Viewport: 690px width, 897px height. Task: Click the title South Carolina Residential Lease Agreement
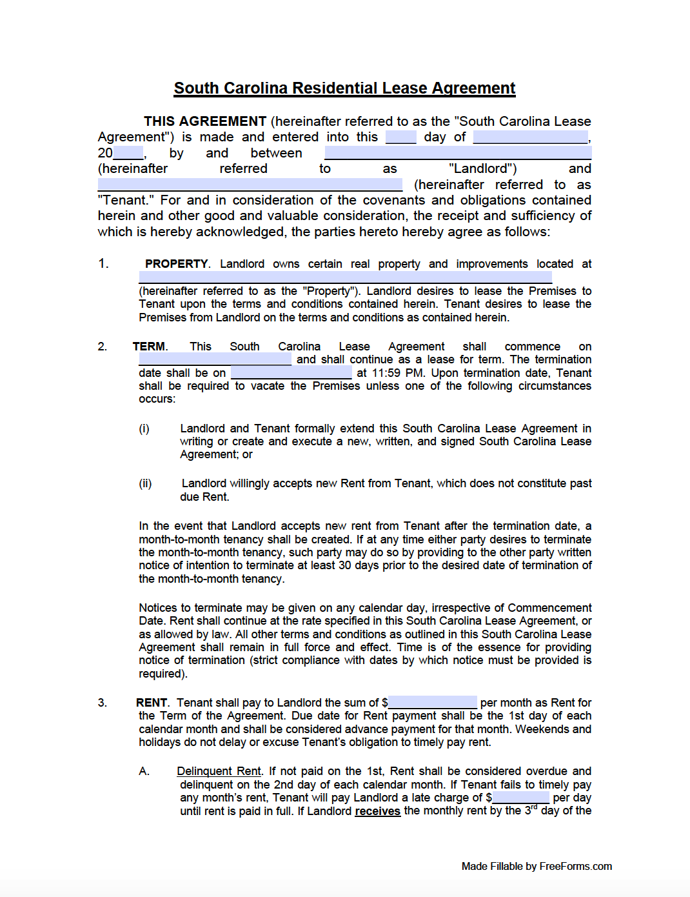pos(344,88)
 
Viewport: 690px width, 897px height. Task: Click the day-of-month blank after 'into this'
pos(400,137)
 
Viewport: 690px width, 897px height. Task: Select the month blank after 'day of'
pos(530,137)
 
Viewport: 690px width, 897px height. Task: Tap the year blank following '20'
pos(128,153)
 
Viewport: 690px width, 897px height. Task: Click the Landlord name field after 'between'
pos(458,153)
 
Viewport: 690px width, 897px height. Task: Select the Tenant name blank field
pos(250,185)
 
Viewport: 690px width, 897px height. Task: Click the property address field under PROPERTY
pos(345,277)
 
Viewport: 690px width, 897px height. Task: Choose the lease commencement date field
pos(215,359)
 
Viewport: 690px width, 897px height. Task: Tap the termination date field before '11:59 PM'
pos(291,373)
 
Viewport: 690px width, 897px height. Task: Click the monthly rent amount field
pos(432,702)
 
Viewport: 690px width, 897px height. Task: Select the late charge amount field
pos(520,798)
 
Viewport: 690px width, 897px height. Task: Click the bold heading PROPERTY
pos(176,264)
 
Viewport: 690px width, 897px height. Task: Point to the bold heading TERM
pos(149,347)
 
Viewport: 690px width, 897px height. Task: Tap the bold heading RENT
pos(152,703)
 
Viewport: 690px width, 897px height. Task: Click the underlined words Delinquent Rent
pos(219,771)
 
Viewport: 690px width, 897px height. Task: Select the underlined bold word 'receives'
pos(377,811)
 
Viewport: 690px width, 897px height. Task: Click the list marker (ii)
pos(145,483)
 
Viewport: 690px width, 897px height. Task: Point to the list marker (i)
pos(144,428)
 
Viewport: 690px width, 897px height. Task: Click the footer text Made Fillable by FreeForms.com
pos(537,866)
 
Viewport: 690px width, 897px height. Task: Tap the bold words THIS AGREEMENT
pos(204,121)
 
